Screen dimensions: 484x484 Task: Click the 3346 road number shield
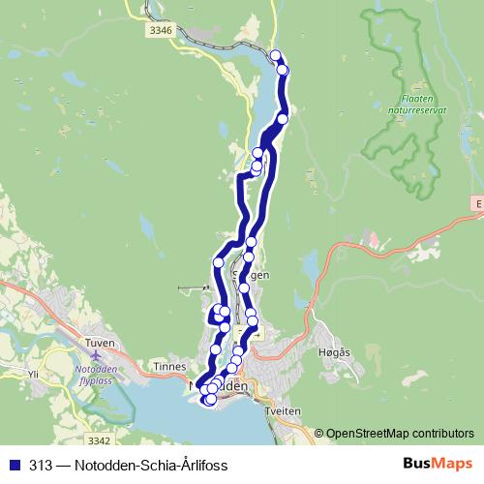click(x=162, y=31)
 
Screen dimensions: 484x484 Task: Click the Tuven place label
click(x=99, y=344)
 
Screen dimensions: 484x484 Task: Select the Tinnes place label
click(x=169, y=367)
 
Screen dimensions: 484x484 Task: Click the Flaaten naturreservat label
click(x=422, y=104)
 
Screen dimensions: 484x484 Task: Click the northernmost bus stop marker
click(x=276, y=55)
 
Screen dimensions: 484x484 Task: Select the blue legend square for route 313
click(x=14, y=464)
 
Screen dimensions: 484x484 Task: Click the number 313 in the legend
click(x=40, y=464)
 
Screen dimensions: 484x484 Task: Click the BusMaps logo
click(x=437, y=463)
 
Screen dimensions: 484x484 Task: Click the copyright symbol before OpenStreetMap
click(x=318, y=434)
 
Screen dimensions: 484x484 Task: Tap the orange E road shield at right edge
click(x=478, y=203)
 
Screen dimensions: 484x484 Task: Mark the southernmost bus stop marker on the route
click(x=210, y=399)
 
